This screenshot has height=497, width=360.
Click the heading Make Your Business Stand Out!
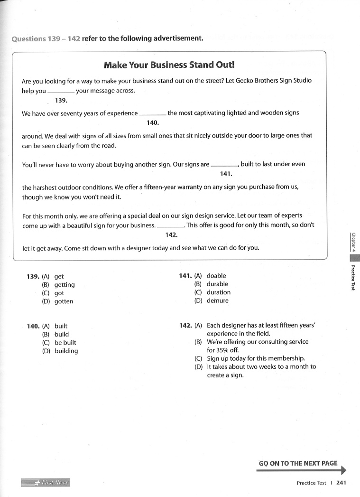[169, 65]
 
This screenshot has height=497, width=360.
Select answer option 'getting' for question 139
[65, 285]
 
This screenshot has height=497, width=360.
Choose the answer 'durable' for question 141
[217, 284]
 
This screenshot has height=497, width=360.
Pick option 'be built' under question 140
[65, 343]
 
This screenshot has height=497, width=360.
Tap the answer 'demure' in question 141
[217, 300]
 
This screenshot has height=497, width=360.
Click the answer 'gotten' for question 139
[64, 301]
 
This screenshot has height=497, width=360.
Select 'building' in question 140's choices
[66, 351]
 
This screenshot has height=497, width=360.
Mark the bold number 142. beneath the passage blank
[171, 235]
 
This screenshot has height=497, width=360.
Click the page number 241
[341, 483]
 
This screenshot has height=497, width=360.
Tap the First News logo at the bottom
[46, 483]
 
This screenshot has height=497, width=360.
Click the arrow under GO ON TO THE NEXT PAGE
[302, 470]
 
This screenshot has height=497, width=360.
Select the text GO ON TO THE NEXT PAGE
[298, 463]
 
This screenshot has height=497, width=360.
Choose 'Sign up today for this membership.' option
[256, 358]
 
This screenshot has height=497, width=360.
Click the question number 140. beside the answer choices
[33, 326]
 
